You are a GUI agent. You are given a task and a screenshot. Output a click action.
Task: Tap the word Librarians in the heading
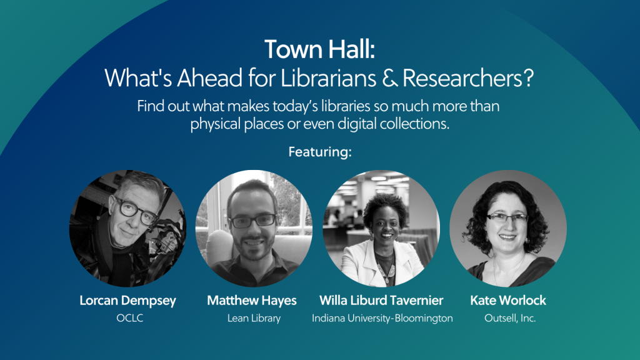click(x=328, y=78)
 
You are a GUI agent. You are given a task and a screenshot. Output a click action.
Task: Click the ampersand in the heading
click(x=390, y=78)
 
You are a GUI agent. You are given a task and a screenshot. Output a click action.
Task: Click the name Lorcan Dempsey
click(x=127, y=301)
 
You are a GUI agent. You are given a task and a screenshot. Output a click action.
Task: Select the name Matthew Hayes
click(x=252, y=301)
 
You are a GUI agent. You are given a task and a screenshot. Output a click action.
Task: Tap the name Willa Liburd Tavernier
click(x=381, y=301)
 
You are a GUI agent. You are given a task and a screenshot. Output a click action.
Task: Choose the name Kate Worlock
click(x=508, y=301)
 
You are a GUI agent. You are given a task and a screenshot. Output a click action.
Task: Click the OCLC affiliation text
click(x=130, y=318)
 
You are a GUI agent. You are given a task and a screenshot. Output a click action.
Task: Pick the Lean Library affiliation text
click(x=254, y=318)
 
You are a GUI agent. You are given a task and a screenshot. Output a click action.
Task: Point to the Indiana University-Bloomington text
click(x=382, y=318)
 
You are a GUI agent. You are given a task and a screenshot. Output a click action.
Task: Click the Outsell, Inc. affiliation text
click(x=510, y=318)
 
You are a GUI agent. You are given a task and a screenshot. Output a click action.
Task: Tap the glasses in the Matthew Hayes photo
click(x=252, y=221)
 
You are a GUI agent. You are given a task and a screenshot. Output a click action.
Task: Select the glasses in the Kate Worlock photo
click(x=507, y=217)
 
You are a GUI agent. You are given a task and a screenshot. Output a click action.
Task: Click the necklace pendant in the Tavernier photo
click(x=386, y=280)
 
